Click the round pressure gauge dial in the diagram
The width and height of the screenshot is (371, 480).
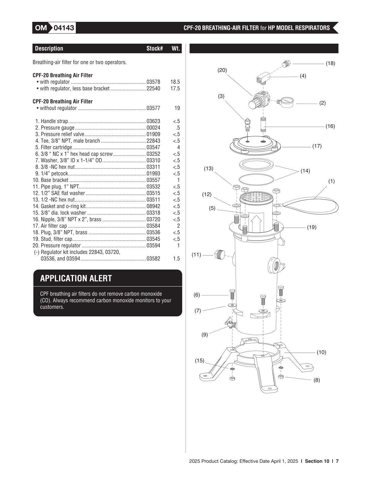pyautogui.click(x=288, y=102)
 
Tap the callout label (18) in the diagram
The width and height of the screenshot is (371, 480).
pyautogui.click(x=330, y=63)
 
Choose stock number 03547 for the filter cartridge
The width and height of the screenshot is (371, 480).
pyautogui.click(x=153, y=147)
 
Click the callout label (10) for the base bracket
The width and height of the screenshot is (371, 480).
pyautogui.click(x=321, y=352)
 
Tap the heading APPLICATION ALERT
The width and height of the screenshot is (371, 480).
pyautogui.click(x=76, y=278)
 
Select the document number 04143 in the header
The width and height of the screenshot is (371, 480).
pyautogui.click(x=64, y=28)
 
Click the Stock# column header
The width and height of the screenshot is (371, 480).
pyautogui.click(x=155, y=48)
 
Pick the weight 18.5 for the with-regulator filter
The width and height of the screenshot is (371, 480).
pyautogui.click(x=175, y=82)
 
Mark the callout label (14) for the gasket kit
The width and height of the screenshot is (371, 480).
pyautogui.click(x=305, y=171)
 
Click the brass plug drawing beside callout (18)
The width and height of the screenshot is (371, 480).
pyautogui.click(x=287, y=64)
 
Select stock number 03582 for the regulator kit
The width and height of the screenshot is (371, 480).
pyautogui.click(x=153, y=259)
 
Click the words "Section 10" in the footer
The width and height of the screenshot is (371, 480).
pyautogui.click(x=317, y=461)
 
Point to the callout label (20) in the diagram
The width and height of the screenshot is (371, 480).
pyautogui.click(x=222, y=70)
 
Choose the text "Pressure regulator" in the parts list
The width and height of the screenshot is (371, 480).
pyautogui.click(x=61, y=246)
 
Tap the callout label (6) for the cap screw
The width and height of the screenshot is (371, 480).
pyautogui.click(x=197, y=295)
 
